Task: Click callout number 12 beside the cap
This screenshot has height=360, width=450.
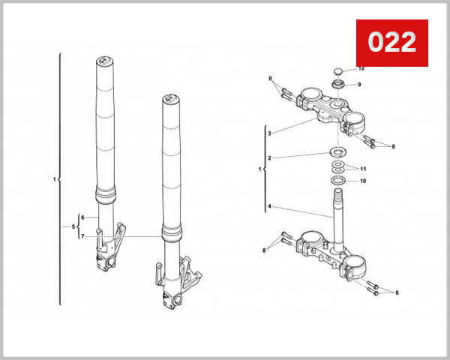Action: pyautogui.click(x=361, y=69)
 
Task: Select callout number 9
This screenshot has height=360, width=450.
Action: pyautogui.click(x=359, y=84)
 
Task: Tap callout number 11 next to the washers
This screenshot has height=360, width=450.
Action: pyautogui.click(x=364, y=169)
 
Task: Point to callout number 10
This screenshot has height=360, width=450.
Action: pyautogui.click(x=363, y=181)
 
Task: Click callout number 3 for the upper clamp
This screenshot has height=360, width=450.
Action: pyautogui.click(x=270, y=133)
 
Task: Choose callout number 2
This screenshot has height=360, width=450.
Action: pyautogui.click(x=270, y=158)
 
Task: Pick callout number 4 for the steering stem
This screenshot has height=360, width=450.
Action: pyautogui.click(x=270, y=206)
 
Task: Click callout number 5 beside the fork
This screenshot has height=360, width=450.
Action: pyautogui.click(x=73, y=226)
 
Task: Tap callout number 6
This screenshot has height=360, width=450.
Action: pyautogui.click(x=83, y=217)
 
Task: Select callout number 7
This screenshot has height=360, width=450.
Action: pyautogui.click(x=83, y=236)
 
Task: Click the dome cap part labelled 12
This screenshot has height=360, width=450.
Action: pyautogui.click(x=339, y=71)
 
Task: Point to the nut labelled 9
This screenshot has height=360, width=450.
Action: pyautogui.click(x=339, y=85)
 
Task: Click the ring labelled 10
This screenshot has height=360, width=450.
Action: pyautogui.click(x=338, y=181)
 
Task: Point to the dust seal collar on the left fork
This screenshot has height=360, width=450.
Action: pyautogui.click(x=106, y=196)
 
